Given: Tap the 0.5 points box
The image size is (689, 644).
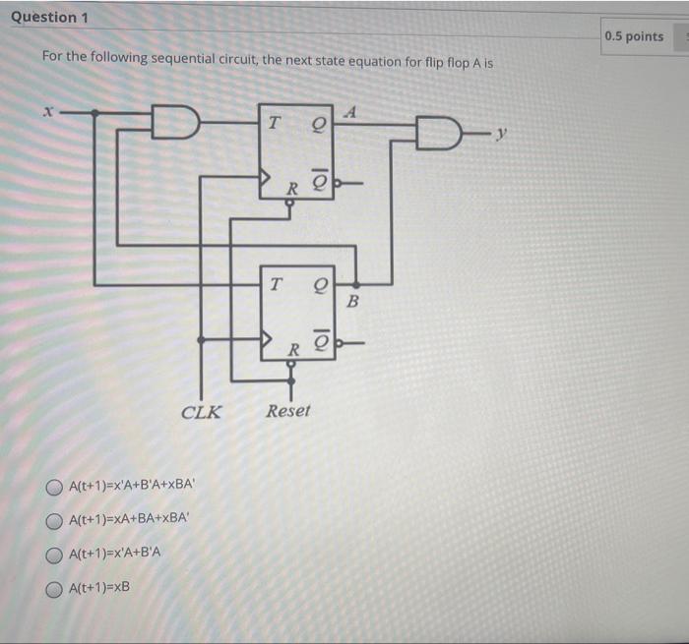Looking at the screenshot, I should pos(635,37).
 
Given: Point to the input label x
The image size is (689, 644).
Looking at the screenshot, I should pos(43,113).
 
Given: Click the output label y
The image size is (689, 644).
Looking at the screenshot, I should pos(503,132).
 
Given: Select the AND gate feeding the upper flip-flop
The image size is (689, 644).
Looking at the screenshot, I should pos(177,122).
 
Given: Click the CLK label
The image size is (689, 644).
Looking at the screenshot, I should pos(202,412).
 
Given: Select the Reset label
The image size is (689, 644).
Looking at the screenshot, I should pos(287,411).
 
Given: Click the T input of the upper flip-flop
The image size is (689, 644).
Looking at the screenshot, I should pos(273,124).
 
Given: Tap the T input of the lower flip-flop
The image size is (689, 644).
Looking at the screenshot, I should pos(276,284).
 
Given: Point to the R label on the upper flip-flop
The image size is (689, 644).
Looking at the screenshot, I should pos(291,187).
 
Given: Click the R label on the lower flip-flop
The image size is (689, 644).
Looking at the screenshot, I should pos(292,349).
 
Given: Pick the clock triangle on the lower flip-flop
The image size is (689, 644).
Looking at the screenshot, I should pos(267,339).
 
